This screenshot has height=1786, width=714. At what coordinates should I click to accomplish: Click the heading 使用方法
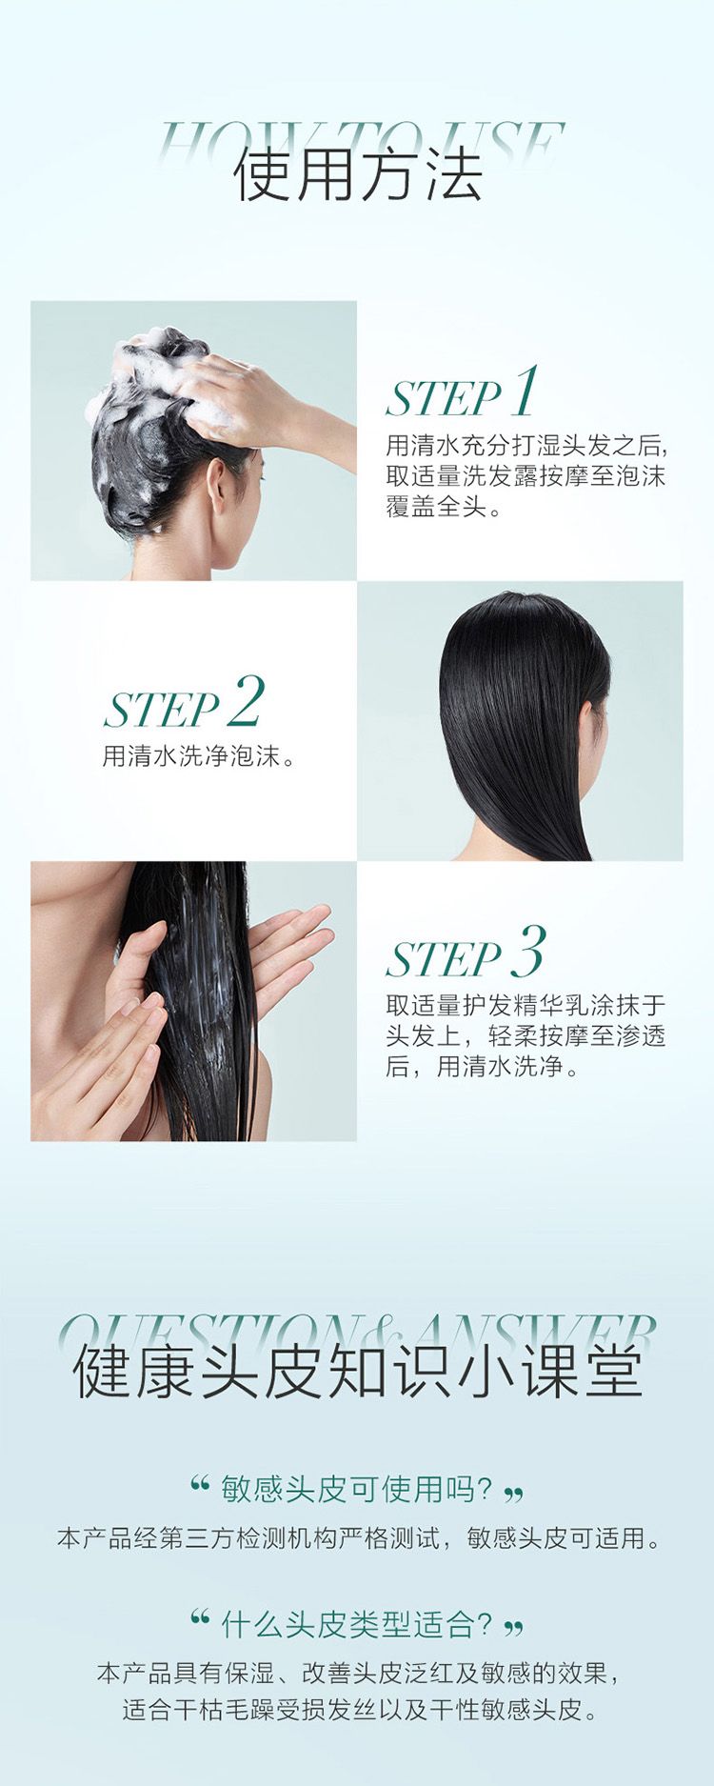pyautogui.click(x=358, y=175)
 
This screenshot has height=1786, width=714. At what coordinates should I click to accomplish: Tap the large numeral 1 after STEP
pyautogui.click(x=525, y=391)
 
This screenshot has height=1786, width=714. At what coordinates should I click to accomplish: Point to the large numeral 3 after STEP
pyautogui.click(x=528, y=951)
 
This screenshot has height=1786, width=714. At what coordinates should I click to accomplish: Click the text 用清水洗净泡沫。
pyautogui.click(x=199, y=756)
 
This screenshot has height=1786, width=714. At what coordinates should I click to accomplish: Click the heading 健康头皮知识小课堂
pyautogui.click(x=358, y=1373)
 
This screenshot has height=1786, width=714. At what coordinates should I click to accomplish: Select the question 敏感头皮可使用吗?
pyautogui.click(x=356, y=1488)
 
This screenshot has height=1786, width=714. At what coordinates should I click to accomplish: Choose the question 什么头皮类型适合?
pyautogui.click(x=356, y=1624)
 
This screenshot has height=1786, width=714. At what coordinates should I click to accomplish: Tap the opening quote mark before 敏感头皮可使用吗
pyautogui.click(x=200, y=1483)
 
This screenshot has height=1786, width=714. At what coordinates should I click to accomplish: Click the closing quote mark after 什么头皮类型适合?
pyautogui.click(x=513, y=1629)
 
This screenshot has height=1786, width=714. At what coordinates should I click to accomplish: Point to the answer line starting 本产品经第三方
pyautogui.click(x=358, y=1538)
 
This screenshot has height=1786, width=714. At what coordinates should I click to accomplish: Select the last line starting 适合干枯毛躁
pyautogui.click(x=358, y=1709)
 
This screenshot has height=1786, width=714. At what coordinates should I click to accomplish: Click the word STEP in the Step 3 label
pyautogui.click(x=444, y=959)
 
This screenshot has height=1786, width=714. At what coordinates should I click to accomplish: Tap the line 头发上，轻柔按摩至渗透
pyautogui.click(x=526, y=1035)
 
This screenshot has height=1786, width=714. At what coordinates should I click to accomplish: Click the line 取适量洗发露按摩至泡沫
pyautogui.click(x=526, y=475)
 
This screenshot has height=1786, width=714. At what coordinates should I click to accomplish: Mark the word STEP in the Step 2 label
pyautogui.click(x=162, y=710)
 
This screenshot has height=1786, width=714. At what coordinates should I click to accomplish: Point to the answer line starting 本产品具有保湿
pyautogui.click(x=358, y=1674)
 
